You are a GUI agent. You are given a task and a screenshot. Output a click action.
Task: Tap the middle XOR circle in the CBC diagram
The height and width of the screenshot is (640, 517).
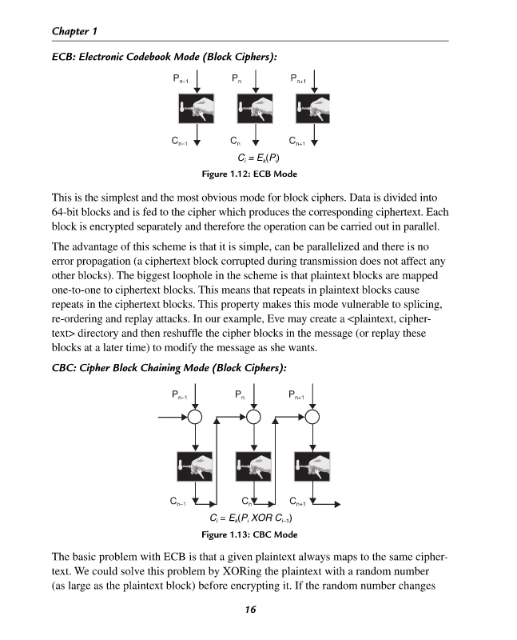click(x=254, y=417)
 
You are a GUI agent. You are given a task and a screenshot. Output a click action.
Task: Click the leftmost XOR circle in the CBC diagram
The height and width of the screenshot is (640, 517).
click(x=196, y=417)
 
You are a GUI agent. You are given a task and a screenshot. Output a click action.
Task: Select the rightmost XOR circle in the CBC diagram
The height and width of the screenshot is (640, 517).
click(x=312, y=417)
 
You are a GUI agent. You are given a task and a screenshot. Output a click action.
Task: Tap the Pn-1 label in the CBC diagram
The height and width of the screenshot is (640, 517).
click(x=180, y=394)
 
